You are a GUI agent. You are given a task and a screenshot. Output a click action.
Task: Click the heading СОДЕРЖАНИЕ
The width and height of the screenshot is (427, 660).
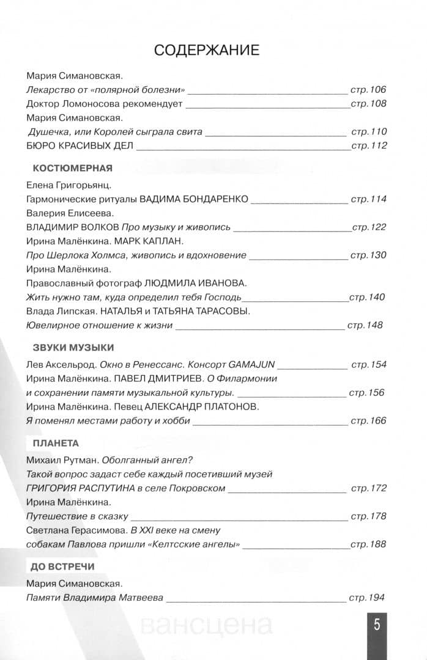pyautogui.click(x=207, y=50)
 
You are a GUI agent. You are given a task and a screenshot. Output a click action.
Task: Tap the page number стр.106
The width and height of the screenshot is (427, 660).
pyautogui.click(x=368, y=90)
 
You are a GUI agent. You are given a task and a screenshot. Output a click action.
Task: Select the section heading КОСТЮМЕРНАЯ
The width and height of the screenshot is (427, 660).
pyautogui.click(x=72, y=167)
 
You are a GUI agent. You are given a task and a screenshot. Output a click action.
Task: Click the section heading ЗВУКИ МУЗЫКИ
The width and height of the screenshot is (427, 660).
pyautogui.click(x=72, y=348)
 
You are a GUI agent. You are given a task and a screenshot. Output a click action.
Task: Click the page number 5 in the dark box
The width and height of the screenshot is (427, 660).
pyautogui.click(x=377, y=625)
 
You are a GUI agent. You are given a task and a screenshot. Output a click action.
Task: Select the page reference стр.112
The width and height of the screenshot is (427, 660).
pyautogui.click(x=368, y=145)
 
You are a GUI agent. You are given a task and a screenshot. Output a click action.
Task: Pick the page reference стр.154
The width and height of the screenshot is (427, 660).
pyautogui.click(x=368, y=365)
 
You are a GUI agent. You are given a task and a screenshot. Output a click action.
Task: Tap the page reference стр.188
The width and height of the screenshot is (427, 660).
pyautogui.click(x=368, y=544)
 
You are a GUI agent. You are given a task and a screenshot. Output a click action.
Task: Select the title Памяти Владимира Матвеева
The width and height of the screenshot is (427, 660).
pyautogui.click(x=95, y=598)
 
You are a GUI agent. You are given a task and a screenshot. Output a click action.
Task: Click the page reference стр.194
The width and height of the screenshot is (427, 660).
pyautogui.click(x=368, y=598)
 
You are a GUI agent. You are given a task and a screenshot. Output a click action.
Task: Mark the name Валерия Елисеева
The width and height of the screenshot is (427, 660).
pyautogui.click(x=69, y=213)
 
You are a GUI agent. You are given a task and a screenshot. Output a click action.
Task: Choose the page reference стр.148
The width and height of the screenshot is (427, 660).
pyautogui.click(x=365, y=325)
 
